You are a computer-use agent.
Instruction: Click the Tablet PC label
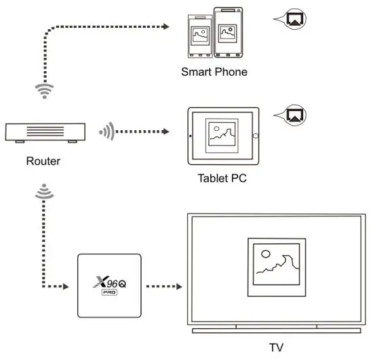point(221,179)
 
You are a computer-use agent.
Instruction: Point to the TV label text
point(276,348)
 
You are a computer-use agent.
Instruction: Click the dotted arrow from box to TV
point(163,286)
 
